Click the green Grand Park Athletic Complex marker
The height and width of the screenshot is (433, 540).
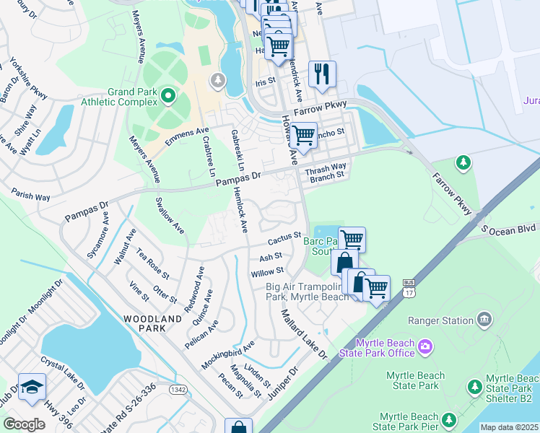(x=168, y=95)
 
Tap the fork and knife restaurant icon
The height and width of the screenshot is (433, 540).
(x=322, y=73)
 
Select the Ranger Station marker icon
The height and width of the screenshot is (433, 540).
(x=484, y=319)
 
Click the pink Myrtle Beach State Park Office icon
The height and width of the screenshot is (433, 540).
(x=424, y=348)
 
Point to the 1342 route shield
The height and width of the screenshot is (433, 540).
(x=178, y=389)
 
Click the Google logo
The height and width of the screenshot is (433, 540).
(x=24, y=424)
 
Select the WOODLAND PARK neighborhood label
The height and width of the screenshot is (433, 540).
(x=152, y=323)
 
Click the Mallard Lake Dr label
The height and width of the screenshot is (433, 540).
(x=304, y=333)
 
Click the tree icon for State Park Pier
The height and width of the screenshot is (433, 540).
(x=448, y=419)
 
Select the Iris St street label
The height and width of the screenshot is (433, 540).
(x=266, y=82)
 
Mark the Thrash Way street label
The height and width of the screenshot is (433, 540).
(x=326, y=168)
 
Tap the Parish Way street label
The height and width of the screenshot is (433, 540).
(x=30, y=195)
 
